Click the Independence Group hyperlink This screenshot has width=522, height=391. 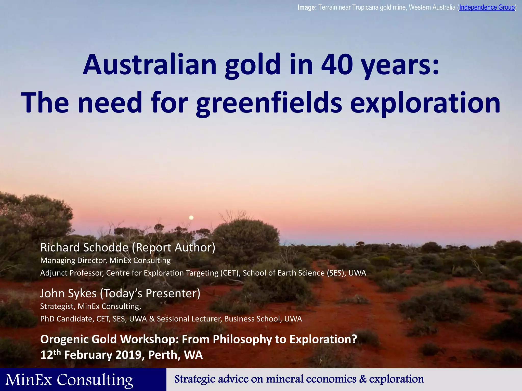(487, 7)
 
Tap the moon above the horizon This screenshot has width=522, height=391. (191, 218)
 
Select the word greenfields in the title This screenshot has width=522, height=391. (269, 103)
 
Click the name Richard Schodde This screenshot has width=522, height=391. (84, 247)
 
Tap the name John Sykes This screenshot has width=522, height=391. (68, 293)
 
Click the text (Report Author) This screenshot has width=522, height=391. (173, 247)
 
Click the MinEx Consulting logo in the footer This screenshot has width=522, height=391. (69, 380)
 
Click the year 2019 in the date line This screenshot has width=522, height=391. (130, 355)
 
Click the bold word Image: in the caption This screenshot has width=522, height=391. (307, 7)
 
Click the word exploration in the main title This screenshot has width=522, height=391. (425, 103)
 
